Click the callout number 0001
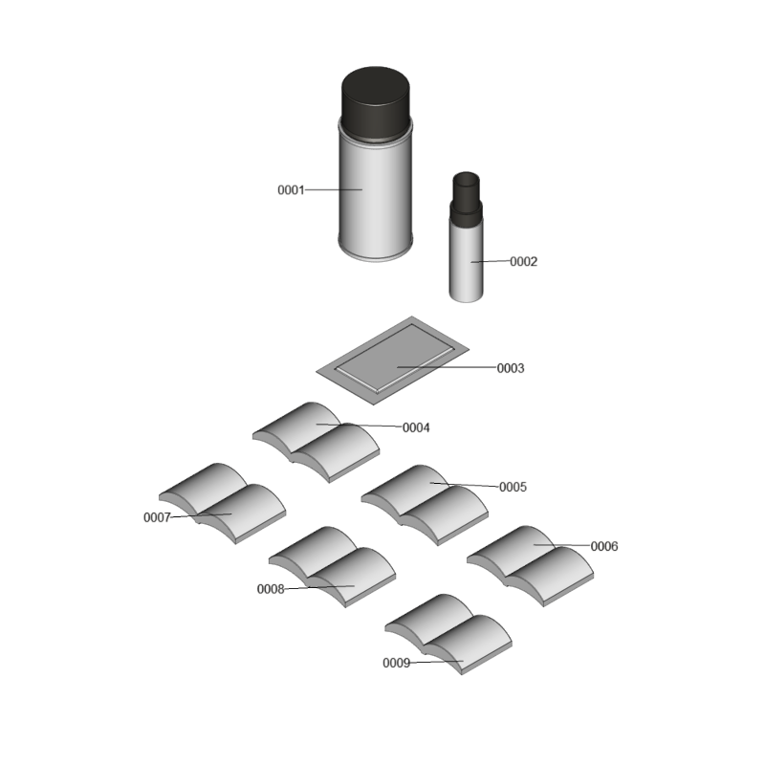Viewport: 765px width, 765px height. click(291, 189)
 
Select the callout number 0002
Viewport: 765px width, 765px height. click(523, 261)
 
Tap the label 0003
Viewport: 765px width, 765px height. click(511, 368)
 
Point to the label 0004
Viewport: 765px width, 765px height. click(416, 427)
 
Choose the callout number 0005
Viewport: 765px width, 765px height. click(513, 487)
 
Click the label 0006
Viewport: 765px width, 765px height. click(604, 546)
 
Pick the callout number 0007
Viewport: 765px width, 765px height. click(157, 517)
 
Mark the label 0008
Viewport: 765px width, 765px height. click(271, 589)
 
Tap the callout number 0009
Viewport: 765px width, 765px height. click(396, 663)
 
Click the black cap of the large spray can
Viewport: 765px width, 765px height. click(375, 102)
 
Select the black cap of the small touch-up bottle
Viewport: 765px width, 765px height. click(466, 199)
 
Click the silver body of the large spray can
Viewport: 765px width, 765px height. click(375, 195)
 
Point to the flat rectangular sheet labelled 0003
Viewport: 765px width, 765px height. click(393, 361)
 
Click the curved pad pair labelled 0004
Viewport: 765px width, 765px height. click(316, 442)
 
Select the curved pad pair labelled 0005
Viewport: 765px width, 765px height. click(425, 505)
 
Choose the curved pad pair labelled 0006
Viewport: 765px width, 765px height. click(530, 566)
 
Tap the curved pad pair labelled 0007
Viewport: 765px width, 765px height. click(222, 503)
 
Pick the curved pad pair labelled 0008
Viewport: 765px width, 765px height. click(332, 567)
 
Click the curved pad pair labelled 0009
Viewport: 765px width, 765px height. click(448, 634)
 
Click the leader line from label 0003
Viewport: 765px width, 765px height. click(447, 367)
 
